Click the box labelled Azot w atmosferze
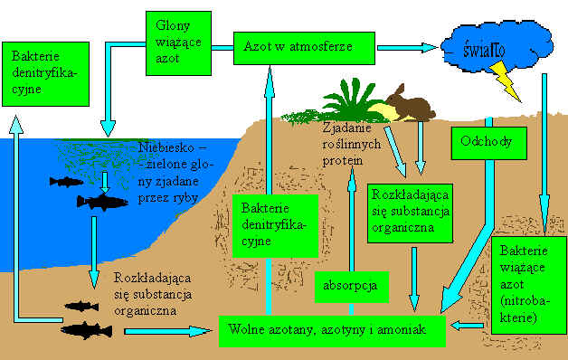coord(304,48)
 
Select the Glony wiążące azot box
coord(178,43)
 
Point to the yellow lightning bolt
coord(506,81)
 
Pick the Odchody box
coord(489,143)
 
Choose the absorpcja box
coord(352,287)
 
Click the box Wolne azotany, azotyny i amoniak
coord(332,331)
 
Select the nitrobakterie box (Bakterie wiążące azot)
coord(528,285)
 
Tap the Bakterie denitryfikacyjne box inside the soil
coord(275,226)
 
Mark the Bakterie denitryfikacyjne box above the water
coord(45,74)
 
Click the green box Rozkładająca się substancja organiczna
coord(410,213)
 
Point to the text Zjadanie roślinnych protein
coord(351,144)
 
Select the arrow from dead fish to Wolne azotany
coord(167,331)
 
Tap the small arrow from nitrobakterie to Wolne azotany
coord(467,326)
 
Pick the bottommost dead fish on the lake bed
coord(87,331)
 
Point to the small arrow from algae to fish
coord(105,182)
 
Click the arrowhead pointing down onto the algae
coord(108,129)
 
